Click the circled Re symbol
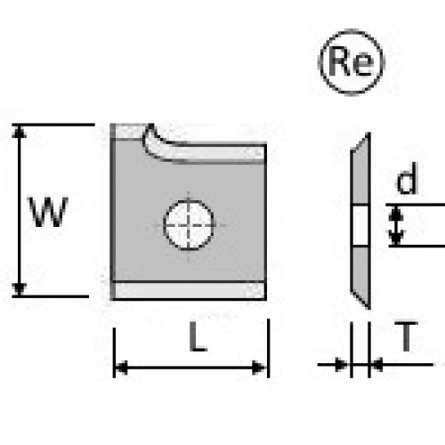tap(352, 62)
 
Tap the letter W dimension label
tap(48, 212)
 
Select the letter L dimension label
tap(198, 336)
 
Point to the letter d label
tap(407, 178)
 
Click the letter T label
tap(406, 336)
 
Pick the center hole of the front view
tap(189, 225)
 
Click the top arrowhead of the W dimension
tap(19, 131)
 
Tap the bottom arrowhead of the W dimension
tap(19, 289)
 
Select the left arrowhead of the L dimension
tap(121, 368)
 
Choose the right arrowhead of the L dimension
tap(259, 368)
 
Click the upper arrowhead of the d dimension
tap(396, 213)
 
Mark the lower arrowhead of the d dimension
tap(396, 238)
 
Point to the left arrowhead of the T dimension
tap(341, 364)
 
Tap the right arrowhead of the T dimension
tap(376, 364)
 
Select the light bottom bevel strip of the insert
tap(190, 290)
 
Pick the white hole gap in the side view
tap(360, 225)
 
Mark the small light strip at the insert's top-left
tap(129, 131)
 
